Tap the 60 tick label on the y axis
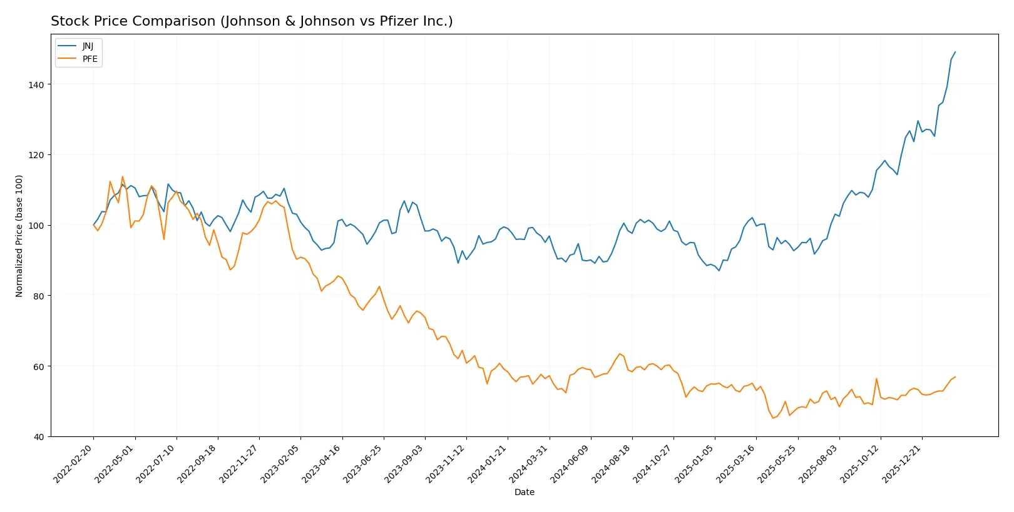(x=39, y=366)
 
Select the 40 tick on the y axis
(x=39, y=437)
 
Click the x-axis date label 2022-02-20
(x=74, y=464)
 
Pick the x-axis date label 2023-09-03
(x=405, y=464)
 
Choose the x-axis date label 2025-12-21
(x=902, y=464)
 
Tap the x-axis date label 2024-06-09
(x=571, y=464)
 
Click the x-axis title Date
(x=524, y=492)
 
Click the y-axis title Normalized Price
(x=19, y=236)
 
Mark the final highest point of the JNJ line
(x=955, y=52)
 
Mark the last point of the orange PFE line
(x=955, y=377)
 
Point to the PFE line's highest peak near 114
(x=123, y=176)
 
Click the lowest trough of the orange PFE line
(x=772, y=418)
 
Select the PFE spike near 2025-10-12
(x=876, y=378)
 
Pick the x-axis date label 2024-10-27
(x=653, y=464)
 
